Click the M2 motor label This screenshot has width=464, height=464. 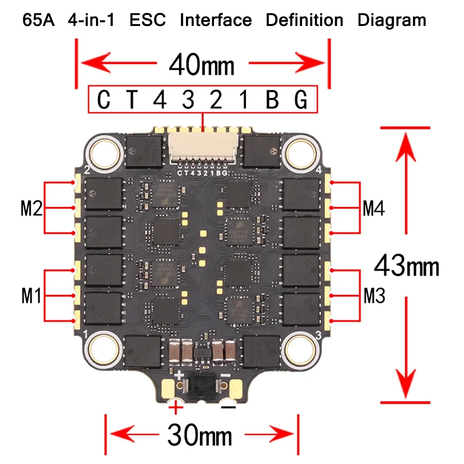click(x=32, y=209)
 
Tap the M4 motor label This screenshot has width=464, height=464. click(x=374, y=209)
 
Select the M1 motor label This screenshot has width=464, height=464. click(x=32, y=296)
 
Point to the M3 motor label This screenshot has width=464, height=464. click(x=374, y=296)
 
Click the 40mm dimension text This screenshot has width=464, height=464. click(x=202, y=65)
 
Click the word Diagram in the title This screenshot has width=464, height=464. click(x=392, y=20)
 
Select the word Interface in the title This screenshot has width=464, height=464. click(x=216, y=20)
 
